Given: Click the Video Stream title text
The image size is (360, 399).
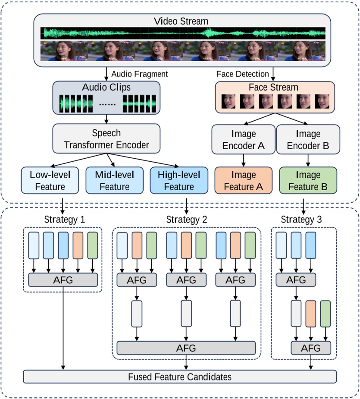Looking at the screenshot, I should tap(181, 21).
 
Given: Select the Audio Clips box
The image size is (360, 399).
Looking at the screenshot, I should tap(106, 98).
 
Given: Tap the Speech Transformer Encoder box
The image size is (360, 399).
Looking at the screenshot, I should tap(106, 139).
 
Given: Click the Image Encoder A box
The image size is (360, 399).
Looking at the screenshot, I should tap(243, 140).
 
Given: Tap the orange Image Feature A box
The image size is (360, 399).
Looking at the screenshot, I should tap(243, 181).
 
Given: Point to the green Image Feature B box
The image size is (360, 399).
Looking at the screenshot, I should tap(308, 181).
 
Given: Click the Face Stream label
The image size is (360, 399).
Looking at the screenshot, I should tap(273, 88).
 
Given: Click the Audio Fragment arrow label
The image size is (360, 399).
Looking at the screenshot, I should tap(139, 74).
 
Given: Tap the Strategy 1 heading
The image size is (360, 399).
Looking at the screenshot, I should tap(64, 220).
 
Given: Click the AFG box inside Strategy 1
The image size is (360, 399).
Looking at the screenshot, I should tap(64, 280).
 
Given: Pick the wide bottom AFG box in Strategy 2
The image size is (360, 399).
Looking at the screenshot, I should tap(186, 348).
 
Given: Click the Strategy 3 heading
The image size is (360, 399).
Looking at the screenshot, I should tap(307, 220).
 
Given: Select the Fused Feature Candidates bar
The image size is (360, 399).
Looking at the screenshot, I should tap(180, 377).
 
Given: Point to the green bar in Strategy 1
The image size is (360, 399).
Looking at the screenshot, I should tap(93, 245).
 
